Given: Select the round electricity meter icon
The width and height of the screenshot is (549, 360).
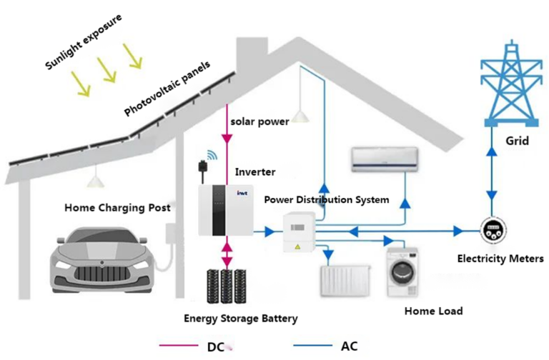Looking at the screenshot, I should [492, 230].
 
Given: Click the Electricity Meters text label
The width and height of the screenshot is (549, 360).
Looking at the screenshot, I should [500, 259].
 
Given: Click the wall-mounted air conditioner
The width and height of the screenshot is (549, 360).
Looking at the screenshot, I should [384, 159].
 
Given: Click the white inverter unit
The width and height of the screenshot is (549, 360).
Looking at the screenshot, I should [226, 210].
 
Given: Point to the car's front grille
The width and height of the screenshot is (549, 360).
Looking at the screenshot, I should [99, 274].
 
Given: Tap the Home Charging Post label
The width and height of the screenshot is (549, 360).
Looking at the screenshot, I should [117, 208].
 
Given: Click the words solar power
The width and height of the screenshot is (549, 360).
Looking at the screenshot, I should [259, 121].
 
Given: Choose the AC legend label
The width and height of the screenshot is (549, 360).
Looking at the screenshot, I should [349, 346].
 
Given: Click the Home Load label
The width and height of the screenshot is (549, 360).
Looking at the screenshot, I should [433, 311].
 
